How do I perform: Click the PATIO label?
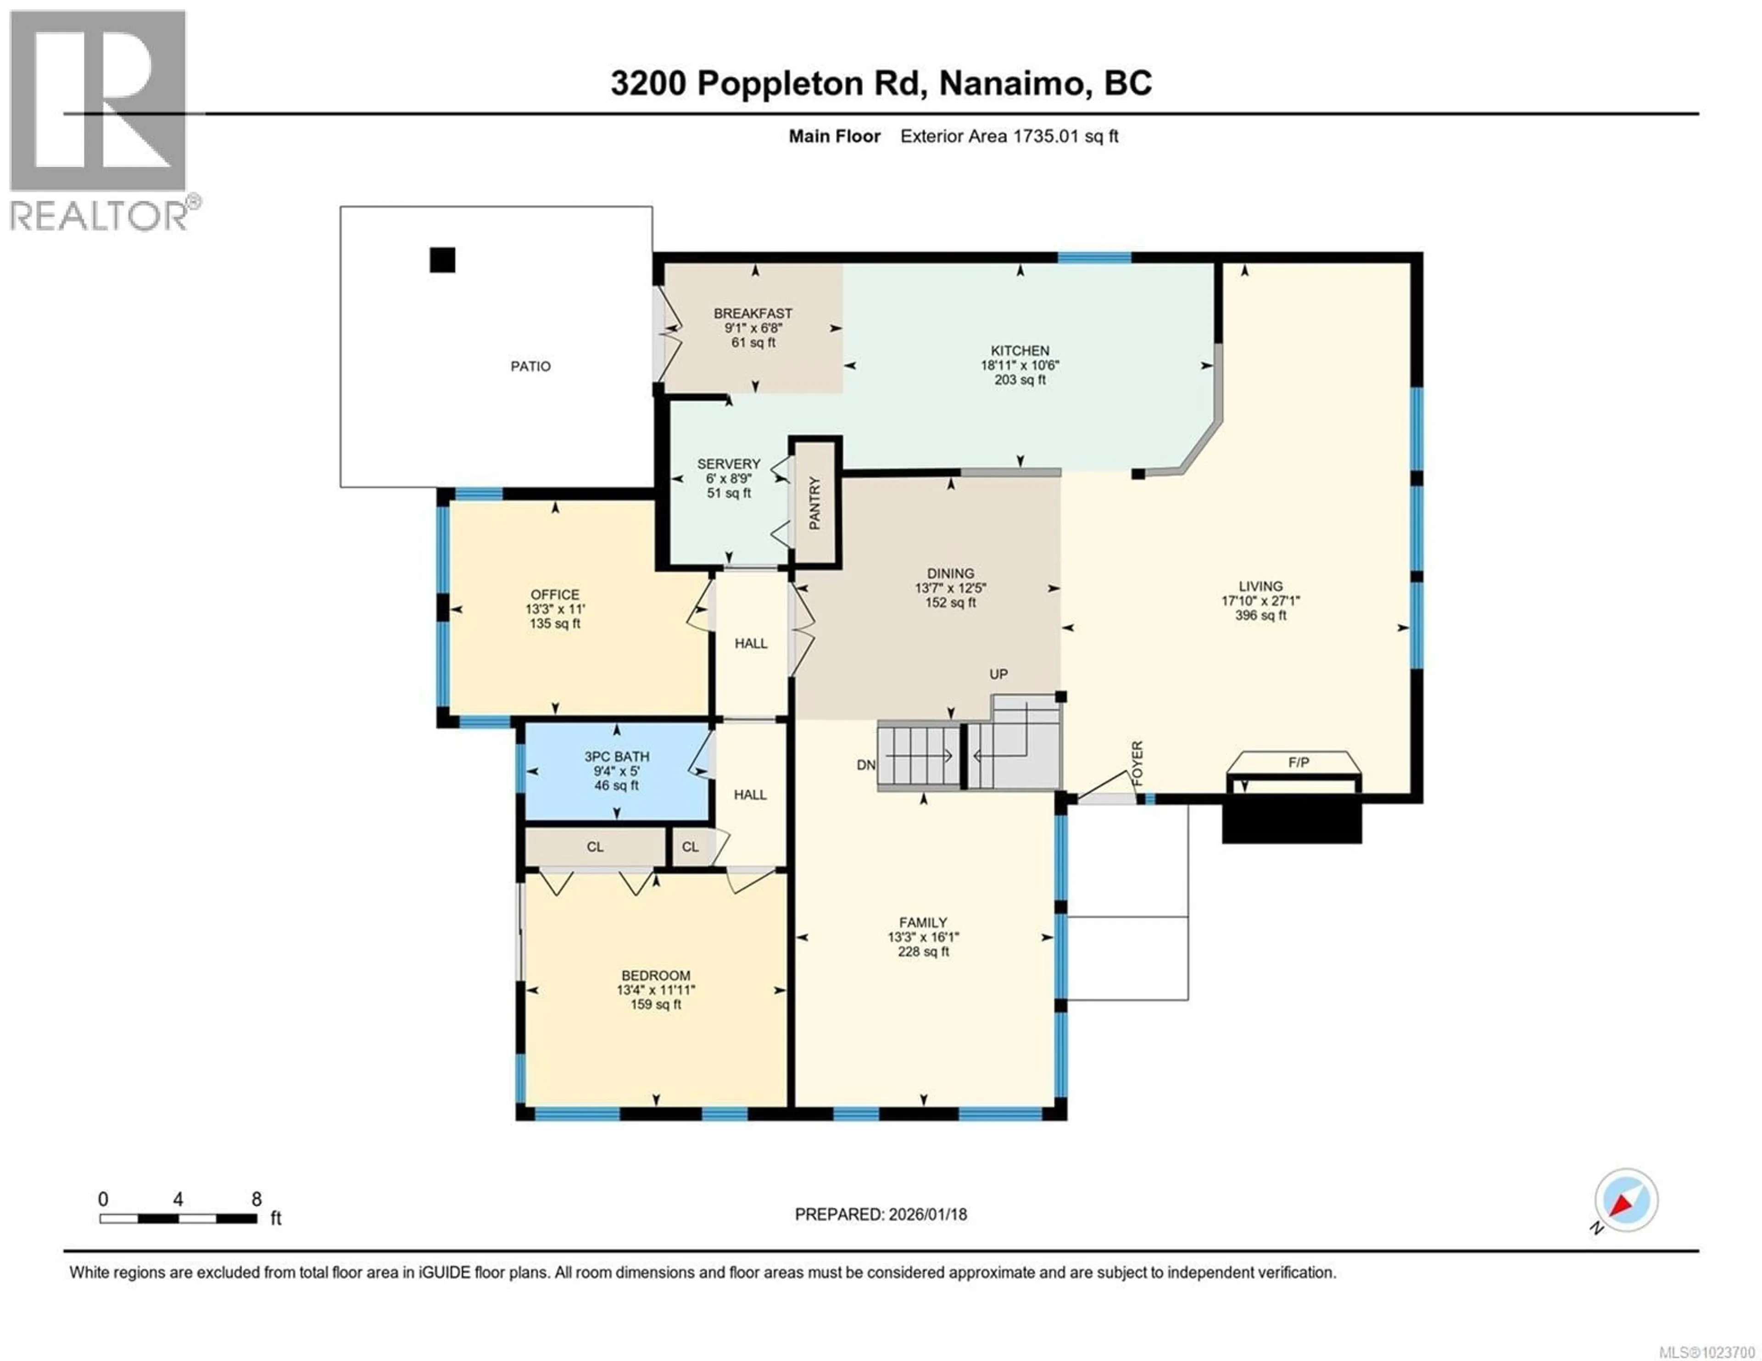pos(530,366)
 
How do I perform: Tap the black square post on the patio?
pos(442,260)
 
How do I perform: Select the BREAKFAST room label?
pos(753,313)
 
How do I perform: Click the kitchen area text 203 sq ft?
pos(1020,380)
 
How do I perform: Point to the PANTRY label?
pos(815,503)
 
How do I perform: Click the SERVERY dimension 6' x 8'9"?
pos(729,478)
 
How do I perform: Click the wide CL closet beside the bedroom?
pos(595,847)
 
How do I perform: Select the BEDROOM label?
pos(655,975)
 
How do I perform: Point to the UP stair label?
pos(999,674)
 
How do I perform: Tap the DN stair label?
pos(866,765)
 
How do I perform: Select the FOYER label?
pos(1137,764)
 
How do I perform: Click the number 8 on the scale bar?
pos(256,1200)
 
